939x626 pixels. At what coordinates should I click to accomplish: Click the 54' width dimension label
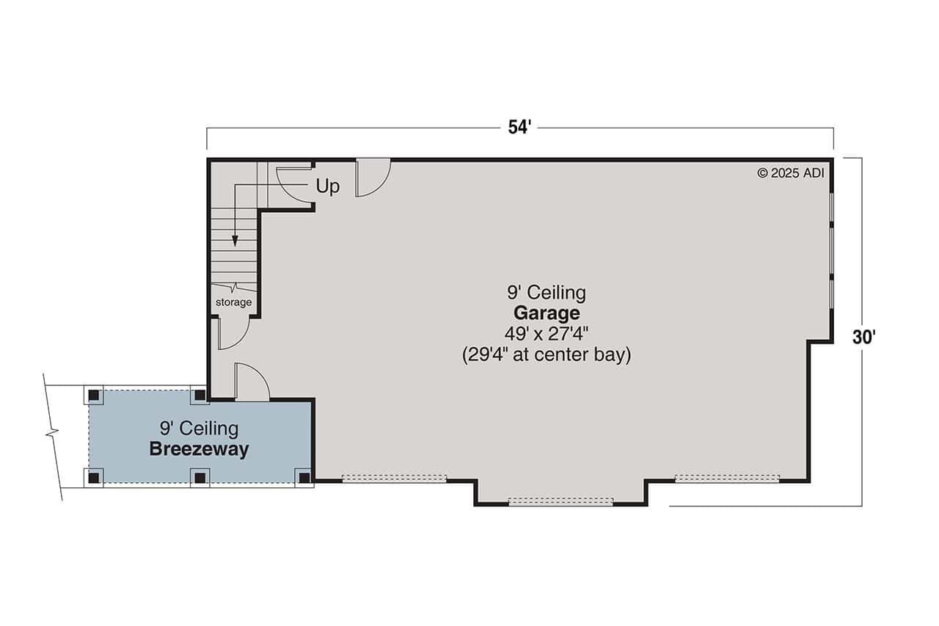point(519,128)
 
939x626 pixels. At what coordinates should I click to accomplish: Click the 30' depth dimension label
point(865,337)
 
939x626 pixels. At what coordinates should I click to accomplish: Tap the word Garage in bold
point(546,313)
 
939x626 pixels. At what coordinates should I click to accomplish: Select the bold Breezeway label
point(199,449)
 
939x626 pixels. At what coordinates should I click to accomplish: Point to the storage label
point(233,302)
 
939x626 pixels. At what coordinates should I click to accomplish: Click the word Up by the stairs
point(328,186)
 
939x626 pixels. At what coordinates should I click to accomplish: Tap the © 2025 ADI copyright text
point(791,173)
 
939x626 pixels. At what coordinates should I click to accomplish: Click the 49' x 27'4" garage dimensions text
point(547,334)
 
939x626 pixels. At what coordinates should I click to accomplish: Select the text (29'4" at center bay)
point(547,355)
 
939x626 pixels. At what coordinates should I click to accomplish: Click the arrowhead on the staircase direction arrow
point(235,240)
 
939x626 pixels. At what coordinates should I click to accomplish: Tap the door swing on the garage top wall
point(371,178)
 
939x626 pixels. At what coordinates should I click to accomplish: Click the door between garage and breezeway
point(251,382)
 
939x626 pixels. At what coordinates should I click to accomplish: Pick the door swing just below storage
point(233,332)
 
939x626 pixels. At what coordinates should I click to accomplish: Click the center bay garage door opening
point(560,502)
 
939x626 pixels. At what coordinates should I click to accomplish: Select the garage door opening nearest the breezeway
point(394,478)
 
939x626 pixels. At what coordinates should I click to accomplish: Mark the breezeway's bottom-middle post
point(200,477)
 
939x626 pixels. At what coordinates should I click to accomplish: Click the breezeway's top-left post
point(94,395)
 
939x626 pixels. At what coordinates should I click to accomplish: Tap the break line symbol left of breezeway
point(52,433)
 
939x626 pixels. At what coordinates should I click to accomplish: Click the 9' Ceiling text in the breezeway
point(199,427)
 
